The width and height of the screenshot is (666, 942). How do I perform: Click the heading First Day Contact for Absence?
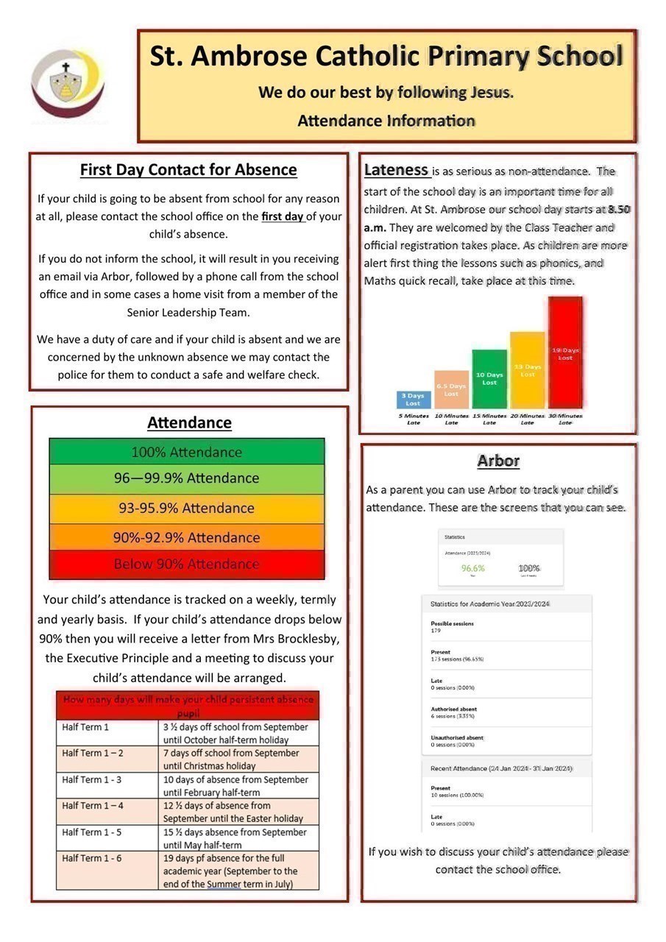pos(188,170)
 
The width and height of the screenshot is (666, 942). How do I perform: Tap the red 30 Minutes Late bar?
pos(565,353)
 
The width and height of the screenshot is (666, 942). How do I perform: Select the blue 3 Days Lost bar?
pos(413,400)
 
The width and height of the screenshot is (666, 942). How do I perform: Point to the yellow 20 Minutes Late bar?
pos(527,370)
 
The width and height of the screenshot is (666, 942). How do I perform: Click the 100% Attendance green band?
pos(186,452)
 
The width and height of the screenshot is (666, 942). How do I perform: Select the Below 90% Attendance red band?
pos(186,564)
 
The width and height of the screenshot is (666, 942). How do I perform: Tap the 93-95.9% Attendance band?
pos(186,508)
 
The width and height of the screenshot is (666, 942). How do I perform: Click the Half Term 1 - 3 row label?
pos(92,779)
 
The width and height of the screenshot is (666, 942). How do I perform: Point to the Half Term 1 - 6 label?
pos(92,858)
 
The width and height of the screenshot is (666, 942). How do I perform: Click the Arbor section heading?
pos(498,461)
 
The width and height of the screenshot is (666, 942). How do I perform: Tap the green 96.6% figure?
pos(473,568)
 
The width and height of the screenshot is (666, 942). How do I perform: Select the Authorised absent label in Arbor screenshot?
pos(453,709)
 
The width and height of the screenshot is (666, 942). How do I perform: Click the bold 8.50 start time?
pos(619,210)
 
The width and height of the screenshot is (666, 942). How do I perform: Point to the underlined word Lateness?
pos(397,171)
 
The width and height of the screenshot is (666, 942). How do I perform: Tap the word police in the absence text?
pos(74,375)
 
